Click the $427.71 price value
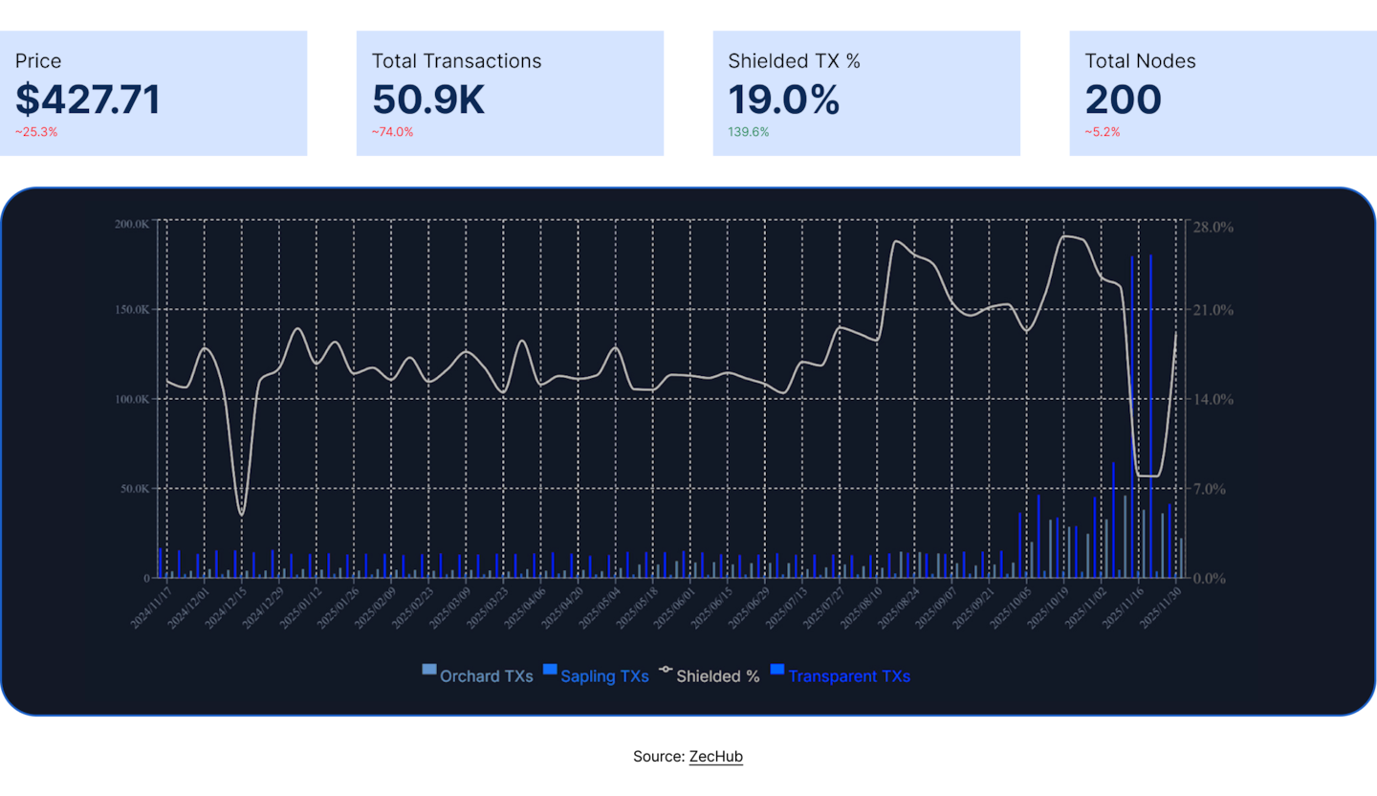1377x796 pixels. coord(88,100)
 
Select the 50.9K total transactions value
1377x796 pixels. coord(428,100)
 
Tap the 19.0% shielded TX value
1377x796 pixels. coord(784,100)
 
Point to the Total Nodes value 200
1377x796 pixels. coord(1124,100)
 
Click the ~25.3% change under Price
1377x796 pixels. coord(36,132)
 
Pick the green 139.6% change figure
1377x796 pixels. coord(749,132)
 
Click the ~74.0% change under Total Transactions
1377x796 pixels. coord(393,132)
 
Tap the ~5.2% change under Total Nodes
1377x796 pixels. coord(1103,132)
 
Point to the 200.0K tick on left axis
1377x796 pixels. coord(131,224)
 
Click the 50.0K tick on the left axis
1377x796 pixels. coord(134,489)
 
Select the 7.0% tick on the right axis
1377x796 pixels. coord(1211,489)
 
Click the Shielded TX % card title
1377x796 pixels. coord(794,61)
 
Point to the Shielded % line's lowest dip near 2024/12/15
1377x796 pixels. coord(241,515)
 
